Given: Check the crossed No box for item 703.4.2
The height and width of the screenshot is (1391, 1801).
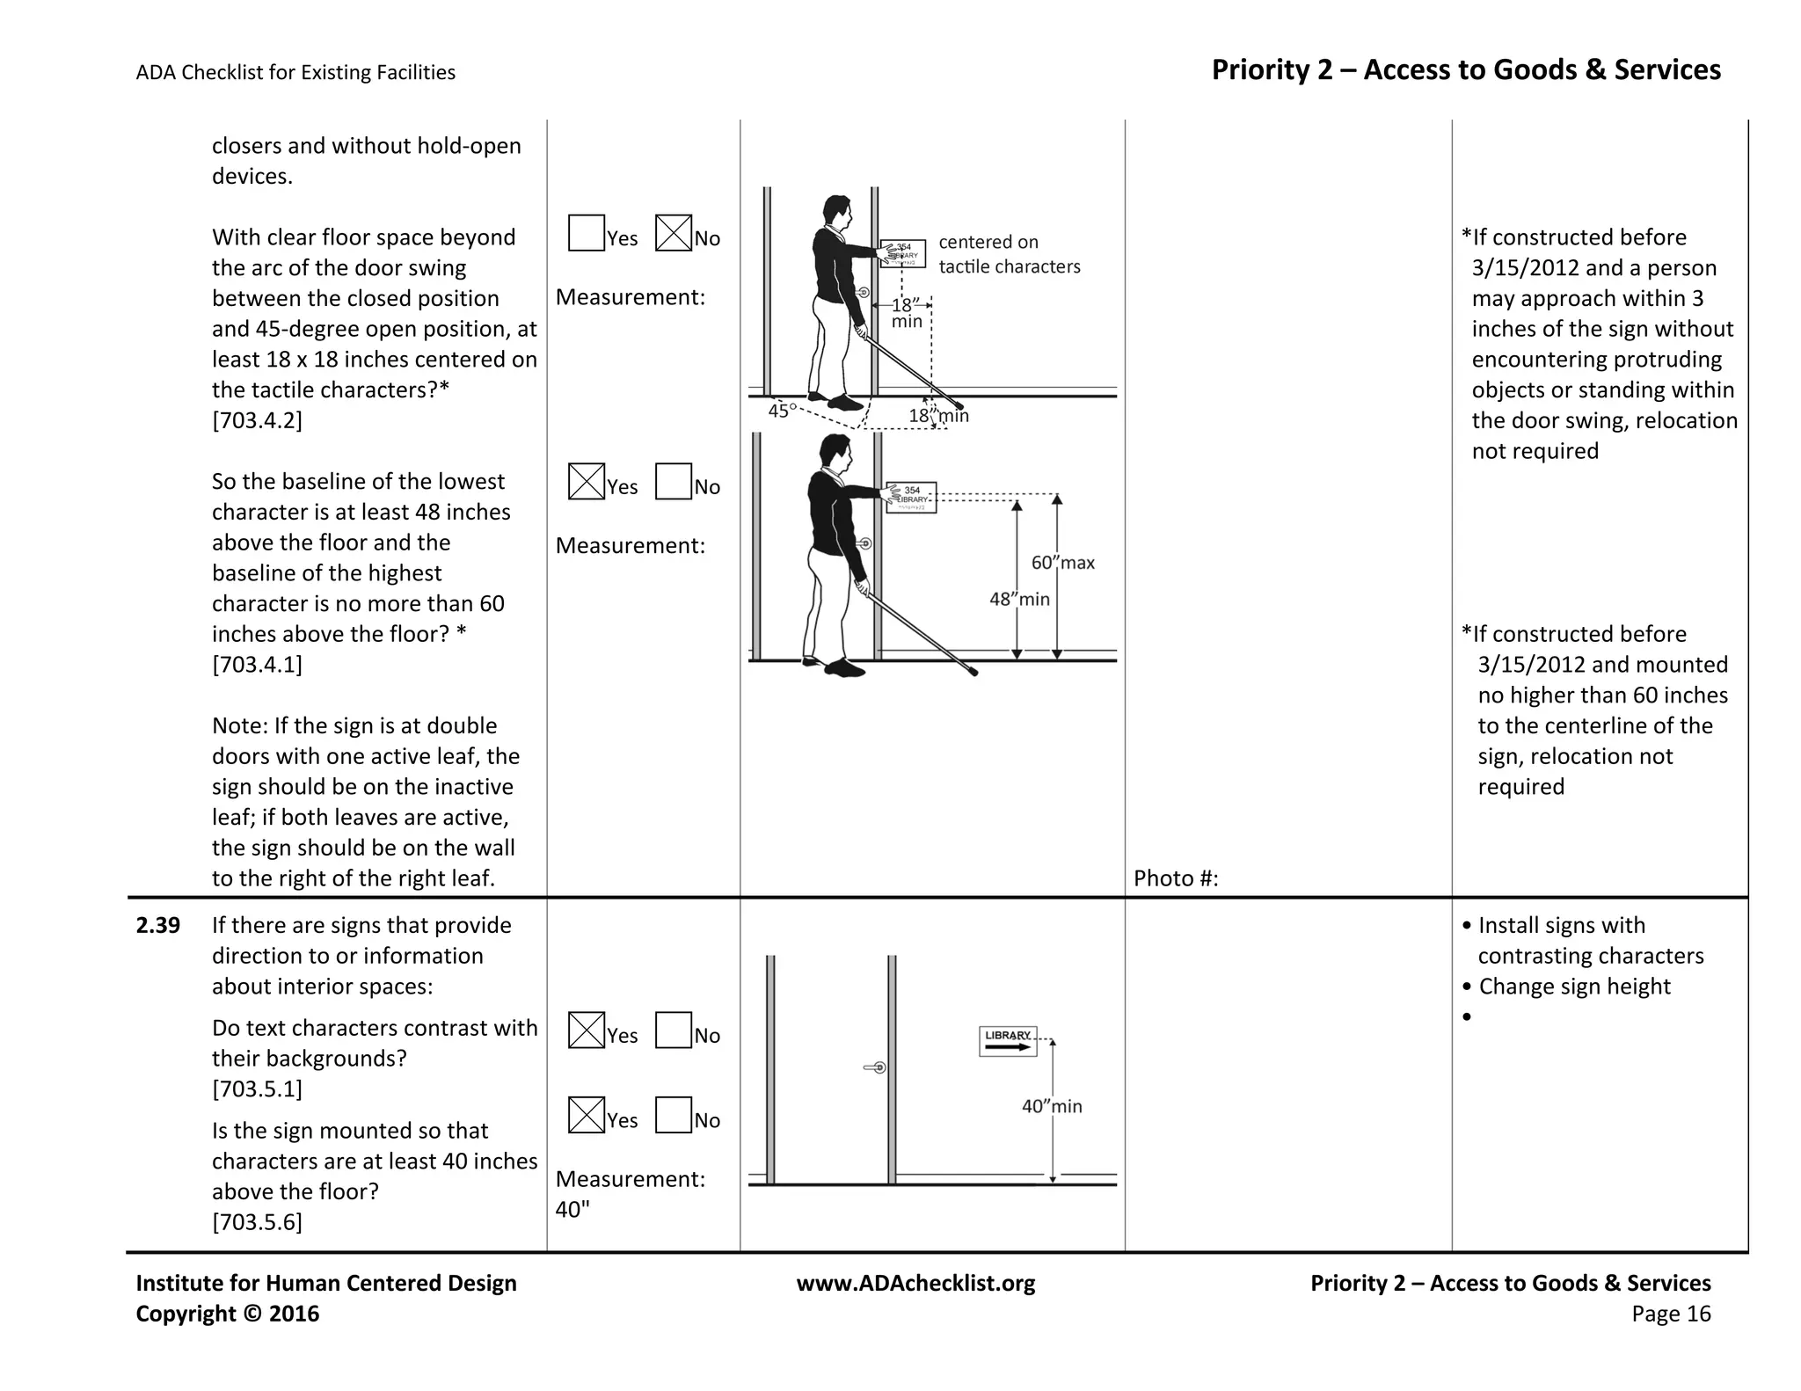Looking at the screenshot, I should (x=673, y=233).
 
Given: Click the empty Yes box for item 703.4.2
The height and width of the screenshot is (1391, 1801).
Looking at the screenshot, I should (x=586, y=233).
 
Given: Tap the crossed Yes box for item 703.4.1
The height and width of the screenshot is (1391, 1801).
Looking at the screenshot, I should (x=586, y=481).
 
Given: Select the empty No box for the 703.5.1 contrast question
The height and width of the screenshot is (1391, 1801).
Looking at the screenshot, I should (x=673, y=1030).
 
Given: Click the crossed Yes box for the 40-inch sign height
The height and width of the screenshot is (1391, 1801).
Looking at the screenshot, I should (x=586, y=1115).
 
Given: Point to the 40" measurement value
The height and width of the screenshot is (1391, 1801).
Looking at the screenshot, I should (x=572, y=1210).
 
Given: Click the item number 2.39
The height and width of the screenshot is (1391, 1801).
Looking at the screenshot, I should (x=158, y=925).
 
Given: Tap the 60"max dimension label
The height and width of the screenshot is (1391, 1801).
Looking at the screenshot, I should (x=1062, y=563).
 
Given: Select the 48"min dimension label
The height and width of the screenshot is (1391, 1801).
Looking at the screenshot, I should (x=1019, y=599).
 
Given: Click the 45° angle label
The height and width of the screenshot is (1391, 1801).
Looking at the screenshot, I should (x=782, y=411).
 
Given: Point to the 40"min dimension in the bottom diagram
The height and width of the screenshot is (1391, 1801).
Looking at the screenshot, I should (x=1051, y=1106).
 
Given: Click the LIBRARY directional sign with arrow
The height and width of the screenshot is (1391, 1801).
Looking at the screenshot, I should (x=1008, y=1041).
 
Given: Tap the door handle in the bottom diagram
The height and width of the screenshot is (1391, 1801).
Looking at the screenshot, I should (x=875, y=1067).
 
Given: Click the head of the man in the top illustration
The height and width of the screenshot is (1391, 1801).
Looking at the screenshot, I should (x=836, y=211).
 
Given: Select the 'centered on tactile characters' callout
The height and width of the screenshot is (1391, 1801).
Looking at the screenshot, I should (x=1008, y=254).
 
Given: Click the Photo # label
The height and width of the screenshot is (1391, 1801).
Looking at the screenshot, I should (x=1175, y=878).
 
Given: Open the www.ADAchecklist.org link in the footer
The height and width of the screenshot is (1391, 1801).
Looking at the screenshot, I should (x=915, y=1283).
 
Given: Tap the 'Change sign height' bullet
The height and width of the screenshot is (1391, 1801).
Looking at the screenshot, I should (x=1573, y=987).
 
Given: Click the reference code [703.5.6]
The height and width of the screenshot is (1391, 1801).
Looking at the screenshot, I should (x=257, y=1222).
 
